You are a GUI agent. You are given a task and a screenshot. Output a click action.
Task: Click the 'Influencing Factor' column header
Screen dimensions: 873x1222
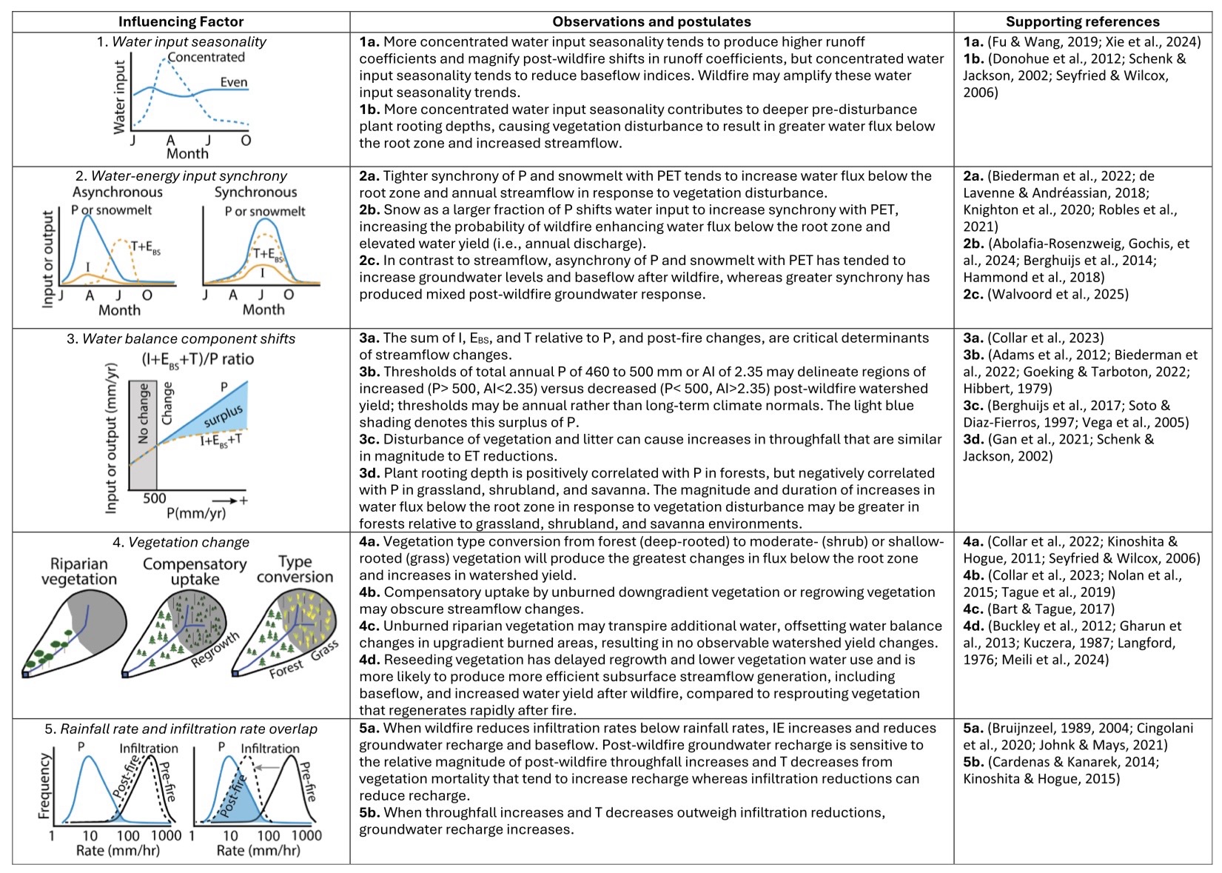(x=181, y=21)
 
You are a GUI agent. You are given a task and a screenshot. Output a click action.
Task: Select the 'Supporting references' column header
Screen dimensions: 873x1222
(x=1082, y=21)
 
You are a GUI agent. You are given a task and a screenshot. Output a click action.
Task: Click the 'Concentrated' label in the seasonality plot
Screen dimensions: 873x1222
(x=206, y=57)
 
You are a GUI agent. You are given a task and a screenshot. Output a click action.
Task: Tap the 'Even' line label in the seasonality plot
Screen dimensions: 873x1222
(x=233, y=82)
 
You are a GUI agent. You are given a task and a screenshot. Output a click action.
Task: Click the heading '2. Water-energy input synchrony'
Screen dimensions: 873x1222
(x=181, y=176)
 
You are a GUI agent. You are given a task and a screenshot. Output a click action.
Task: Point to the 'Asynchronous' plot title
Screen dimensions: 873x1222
(x=117, y=193)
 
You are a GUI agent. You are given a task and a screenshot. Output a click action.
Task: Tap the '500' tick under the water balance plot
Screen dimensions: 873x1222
(x=154, y=498)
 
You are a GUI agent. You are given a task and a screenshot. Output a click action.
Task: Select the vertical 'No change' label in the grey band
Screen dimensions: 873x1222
(x=144, y=413)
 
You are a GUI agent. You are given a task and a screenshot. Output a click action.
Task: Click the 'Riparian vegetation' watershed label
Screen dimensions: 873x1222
(x=79, y=572)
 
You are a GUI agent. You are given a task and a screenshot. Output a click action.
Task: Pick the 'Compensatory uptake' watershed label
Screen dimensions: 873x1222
(x=195, y=572)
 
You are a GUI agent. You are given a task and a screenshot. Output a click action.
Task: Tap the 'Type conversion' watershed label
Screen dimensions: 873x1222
(x=295, y=569)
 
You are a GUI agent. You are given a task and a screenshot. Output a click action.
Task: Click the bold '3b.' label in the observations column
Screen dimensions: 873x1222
(x=370, y=372)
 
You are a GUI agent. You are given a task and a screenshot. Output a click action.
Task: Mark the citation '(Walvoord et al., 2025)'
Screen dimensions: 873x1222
(x=1058, y=295)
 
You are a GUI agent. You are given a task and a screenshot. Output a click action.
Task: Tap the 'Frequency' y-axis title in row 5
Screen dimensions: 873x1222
(x=44, y=786)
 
